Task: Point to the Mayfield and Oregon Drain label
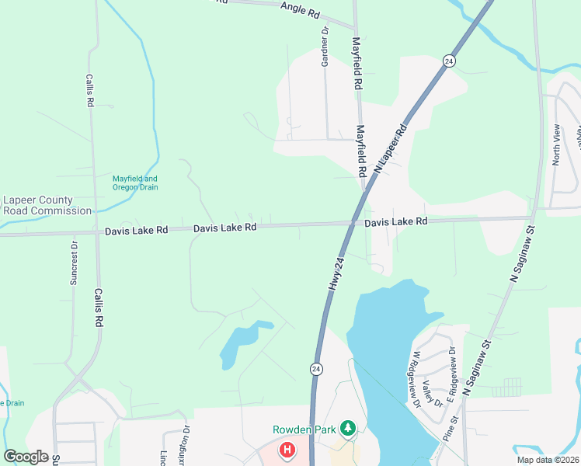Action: coord(135,183)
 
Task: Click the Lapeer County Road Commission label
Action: coord(47,205)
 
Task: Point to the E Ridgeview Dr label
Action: coord(452,365)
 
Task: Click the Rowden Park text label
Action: coord(305,429)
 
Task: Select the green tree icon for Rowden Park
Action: coord(349,428)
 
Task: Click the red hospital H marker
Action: coord(287,450)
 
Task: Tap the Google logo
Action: coord(26,457)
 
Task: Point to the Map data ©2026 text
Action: coord(547,460)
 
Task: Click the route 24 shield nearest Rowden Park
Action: coord(317,367)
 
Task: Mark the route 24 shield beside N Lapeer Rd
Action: coord(449,61)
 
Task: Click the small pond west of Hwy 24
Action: coord(242,342)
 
